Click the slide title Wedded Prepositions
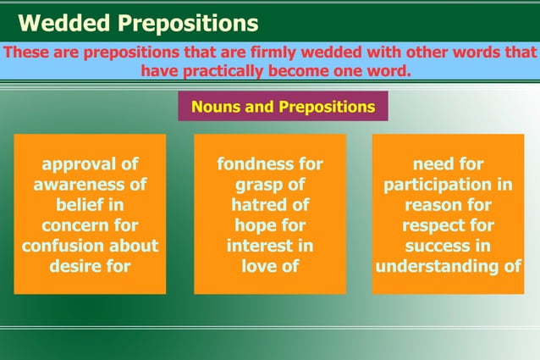[x=139, y=23]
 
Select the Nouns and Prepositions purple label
[x=283, y=108]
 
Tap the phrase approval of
[x=90, y=164]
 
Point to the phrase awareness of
[x=90, y=185]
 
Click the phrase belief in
[x=90, y=205]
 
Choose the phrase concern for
[x=90, y=226]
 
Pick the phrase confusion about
[x=90, y=246]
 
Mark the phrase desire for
[x=90, y=267]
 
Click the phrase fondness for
[x=270, y=164]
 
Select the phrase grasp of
[x=270, y=185]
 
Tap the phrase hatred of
[x=270, y=205]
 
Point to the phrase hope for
[x=270, y=226]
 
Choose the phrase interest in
[x=270, y=246]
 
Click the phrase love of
[x=270, y=267]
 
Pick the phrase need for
[x=448, y=164]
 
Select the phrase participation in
[x=448, y=185]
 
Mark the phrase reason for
[x=448, y=205]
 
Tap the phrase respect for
[x=448, y=226]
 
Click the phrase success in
[x=448, y=246]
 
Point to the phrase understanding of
[x=448, y=267]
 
